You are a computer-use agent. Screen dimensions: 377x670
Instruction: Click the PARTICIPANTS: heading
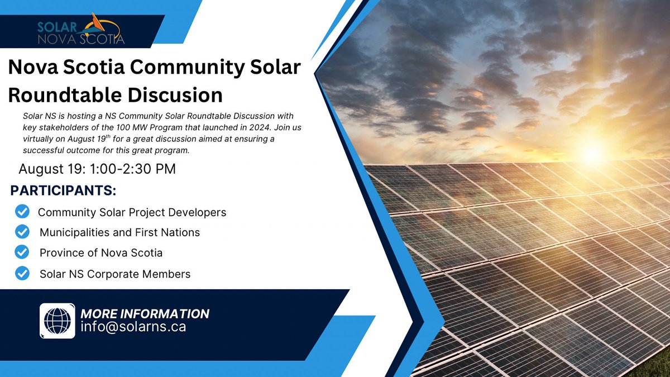(63, 190)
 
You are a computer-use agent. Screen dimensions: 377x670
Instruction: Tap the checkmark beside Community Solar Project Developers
(22, 212)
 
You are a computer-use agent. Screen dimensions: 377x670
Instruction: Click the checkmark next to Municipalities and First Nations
(22, 232)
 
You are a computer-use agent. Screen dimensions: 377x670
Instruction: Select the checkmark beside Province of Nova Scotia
(22, 252)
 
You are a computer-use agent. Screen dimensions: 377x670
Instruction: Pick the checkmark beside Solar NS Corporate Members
(22, 274)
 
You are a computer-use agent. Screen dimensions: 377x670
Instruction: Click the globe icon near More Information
(57, 321)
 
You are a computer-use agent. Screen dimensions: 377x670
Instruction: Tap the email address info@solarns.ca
(133, 327)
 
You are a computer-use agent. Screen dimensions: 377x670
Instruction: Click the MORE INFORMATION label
(145, 313)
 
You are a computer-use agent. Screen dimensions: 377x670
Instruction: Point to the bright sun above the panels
(592, 151)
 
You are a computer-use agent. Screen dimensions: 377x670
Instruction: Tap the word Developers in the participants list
(199, 213)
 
